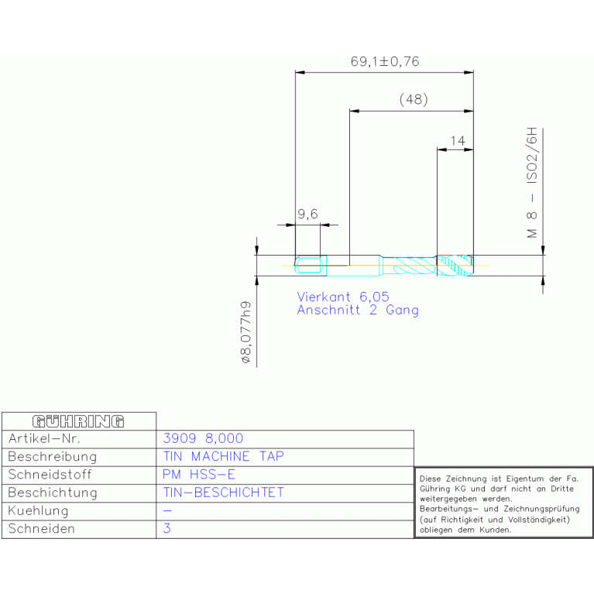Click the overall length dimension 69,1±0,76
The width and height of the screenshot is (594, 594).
[x=385, y=61]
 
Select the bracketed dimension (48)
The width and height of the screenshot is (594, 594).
[x=414, y=99]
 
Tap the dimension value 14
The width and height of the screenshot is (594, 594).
[x=458, y=141]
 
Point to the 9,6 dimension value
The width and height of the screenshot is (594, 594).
[x=307, y=215]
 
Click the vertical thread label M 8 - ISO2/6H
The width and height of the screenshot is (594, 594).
[x=532, y=183]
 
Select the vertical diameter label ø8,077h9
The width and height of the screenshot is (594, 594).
[x=245, y=332]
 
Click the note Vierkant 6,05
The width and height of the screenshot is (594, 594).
[x=343, y=297]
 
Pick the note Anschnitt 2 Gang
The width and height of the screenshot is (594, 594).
[x=358, y=311]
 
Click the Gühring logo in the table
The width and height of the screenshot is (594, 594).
[x=78, y=421]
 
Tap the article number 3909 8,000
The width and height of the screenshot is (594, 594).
[x=203, y=438]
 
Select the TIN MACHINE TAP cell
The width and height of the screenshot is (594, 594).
[x=224, y=456]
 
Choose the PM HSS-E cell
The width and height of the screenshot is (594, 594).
[x=199, y=474]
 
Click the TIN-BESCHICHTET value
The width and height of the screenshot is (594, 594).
[x=224, y=493]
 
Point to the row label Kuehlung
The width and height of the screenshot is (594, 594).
[x=38, y=510]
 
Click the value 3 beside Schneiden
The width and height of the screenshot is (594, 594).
[x=167, y=528]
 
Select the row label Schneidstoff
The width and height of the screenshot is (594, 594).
[x=50, y=474]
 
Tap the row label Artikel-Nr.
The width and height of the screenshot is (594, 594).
[x=44, y=438]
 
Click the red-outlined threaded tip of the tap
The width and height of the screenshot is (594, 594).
[x=455, y=265]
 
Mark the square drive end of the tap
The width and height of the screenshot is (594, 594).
[x=311, y=265]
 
